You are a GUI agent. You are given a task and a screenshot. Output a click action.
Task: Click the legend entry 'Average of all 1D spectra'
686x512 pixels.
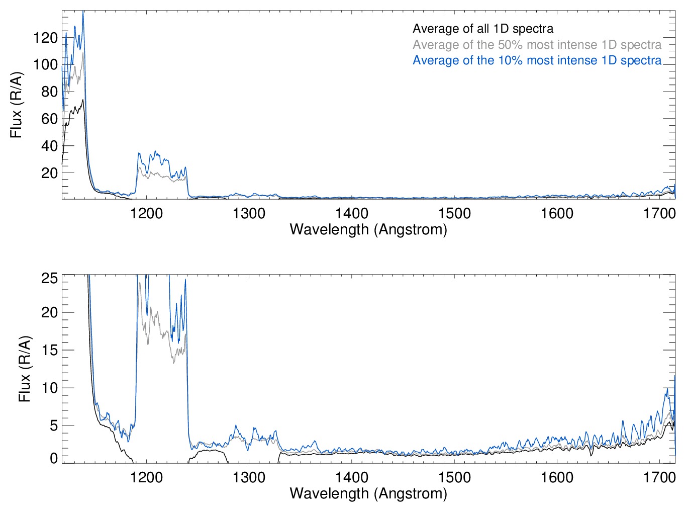(482, 29)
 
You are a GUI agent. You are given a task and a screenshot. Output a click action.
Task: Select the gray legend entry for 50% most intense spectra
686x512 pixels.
(537, 45)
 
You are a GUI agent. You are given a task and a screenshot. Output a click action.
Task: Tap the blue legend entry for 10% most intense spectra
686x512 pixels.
(537, 60)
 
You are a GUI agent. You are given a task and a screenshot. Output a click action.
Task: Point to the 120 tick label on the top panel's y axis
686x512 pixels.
(45, 38)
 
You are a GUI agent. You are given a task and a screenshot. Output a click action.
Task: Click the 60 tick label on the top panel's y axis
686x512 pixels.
(49, 119)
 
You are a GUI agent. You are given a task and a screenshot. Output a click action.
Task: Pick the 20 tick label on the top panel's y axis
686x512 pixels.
(49, 174)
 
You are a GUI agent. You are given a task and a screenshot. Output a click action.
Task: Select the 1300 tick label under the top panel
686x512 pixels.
(249, 214)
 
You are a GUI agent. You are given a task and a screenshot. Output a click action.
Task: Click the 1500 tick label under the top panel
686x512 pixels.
(454, 214)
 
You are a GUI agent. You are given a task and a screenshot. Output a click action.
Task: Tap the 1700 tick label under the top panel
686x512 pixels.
(659, 214)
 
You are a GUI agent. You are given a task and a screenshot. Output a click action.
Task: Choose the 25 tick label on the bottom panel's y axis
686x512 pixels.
(49, 278)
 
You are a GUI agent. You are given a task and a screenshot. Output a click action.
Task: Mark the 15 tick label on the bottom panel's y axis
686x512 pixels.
(49, 351)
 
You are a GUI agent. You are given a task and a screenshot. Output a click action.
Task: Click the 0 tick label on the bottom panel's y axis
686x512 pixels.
(53, 458)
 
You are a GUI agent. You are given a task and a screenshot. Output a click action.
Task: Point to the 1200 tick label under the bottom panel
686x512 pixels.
(146, 477)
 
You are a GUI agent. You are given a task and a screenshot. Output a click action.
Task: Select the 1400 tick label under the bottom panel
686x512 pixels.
(352, 477)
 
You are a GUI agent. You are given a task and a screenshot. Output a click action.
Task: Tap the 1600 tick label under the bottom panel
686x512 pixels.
(557, 477)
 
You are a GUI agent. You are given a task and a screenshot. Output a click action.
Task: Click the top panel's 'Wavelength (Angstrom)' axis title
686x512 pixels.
(368, 230)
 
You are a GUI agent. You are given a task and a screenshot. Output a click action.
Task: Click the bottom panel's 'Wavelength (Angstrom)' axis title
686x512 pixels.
(368, 493)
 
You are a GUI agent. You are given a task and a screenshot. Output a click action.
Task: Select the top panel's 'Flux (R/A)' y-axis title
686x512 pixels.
(17, 105)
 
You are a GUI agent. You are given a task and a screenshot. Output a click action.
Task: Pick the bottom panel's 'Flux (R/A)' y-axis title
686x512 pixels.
(25, 369)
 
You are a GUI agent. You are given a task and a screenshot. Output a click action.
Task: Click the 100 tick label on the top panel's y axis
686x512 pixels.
(45, 65)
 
